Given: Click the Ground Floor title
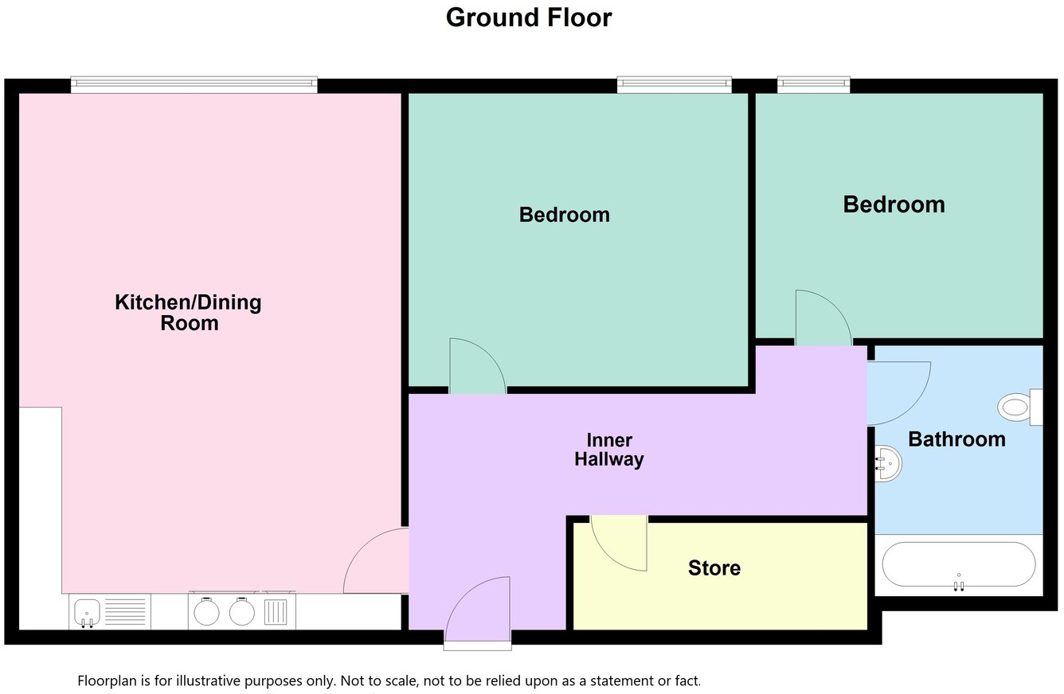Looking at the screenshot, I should click(x=529, y=18).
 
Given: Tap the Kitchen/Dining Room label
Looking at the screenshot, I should click(x=189, y=313).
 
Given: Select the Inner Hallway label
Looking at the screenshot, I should click(x=609, y=450).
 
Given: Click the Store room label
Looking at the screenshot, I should click(x=714, y=568).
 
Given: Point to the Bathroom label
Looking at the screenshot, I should click(x=956, y=439).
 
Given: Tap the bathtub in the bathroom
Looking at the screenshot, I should click(x=959, y=565).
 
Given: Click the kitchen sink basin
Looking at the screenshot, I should click(x=86, y=613).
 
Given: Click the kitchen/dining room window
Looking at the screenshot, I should click(x=194, y=84).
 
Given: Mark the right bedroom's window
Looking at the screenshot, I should click(x=813, y=84).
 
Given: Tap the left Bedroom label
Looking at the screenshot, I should click(x=564, y=215).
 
